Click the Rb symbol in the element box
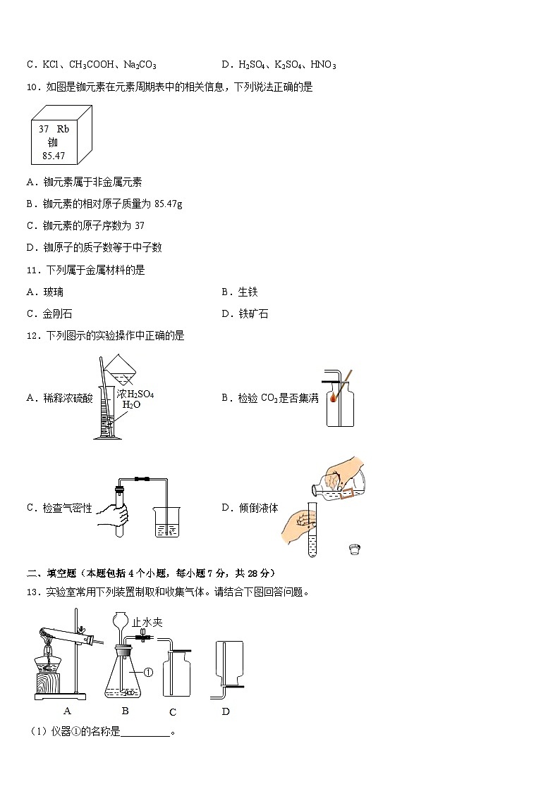[63, 129]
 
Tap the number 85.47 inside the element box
[54, 155]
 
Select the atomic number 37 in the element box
[44, 129]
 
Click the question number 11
[32, 270]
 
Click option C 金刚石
[49, 313]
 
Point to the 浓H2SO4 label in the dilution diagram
[135, 394]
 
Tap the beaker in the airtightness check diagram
[167, 521]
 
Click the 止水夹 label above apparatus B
[147, 622]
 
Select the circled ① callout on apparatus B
[149, 673]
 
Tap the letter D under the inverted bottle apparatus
[226, 711]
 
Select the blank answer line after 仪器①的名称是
[146, 733]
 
